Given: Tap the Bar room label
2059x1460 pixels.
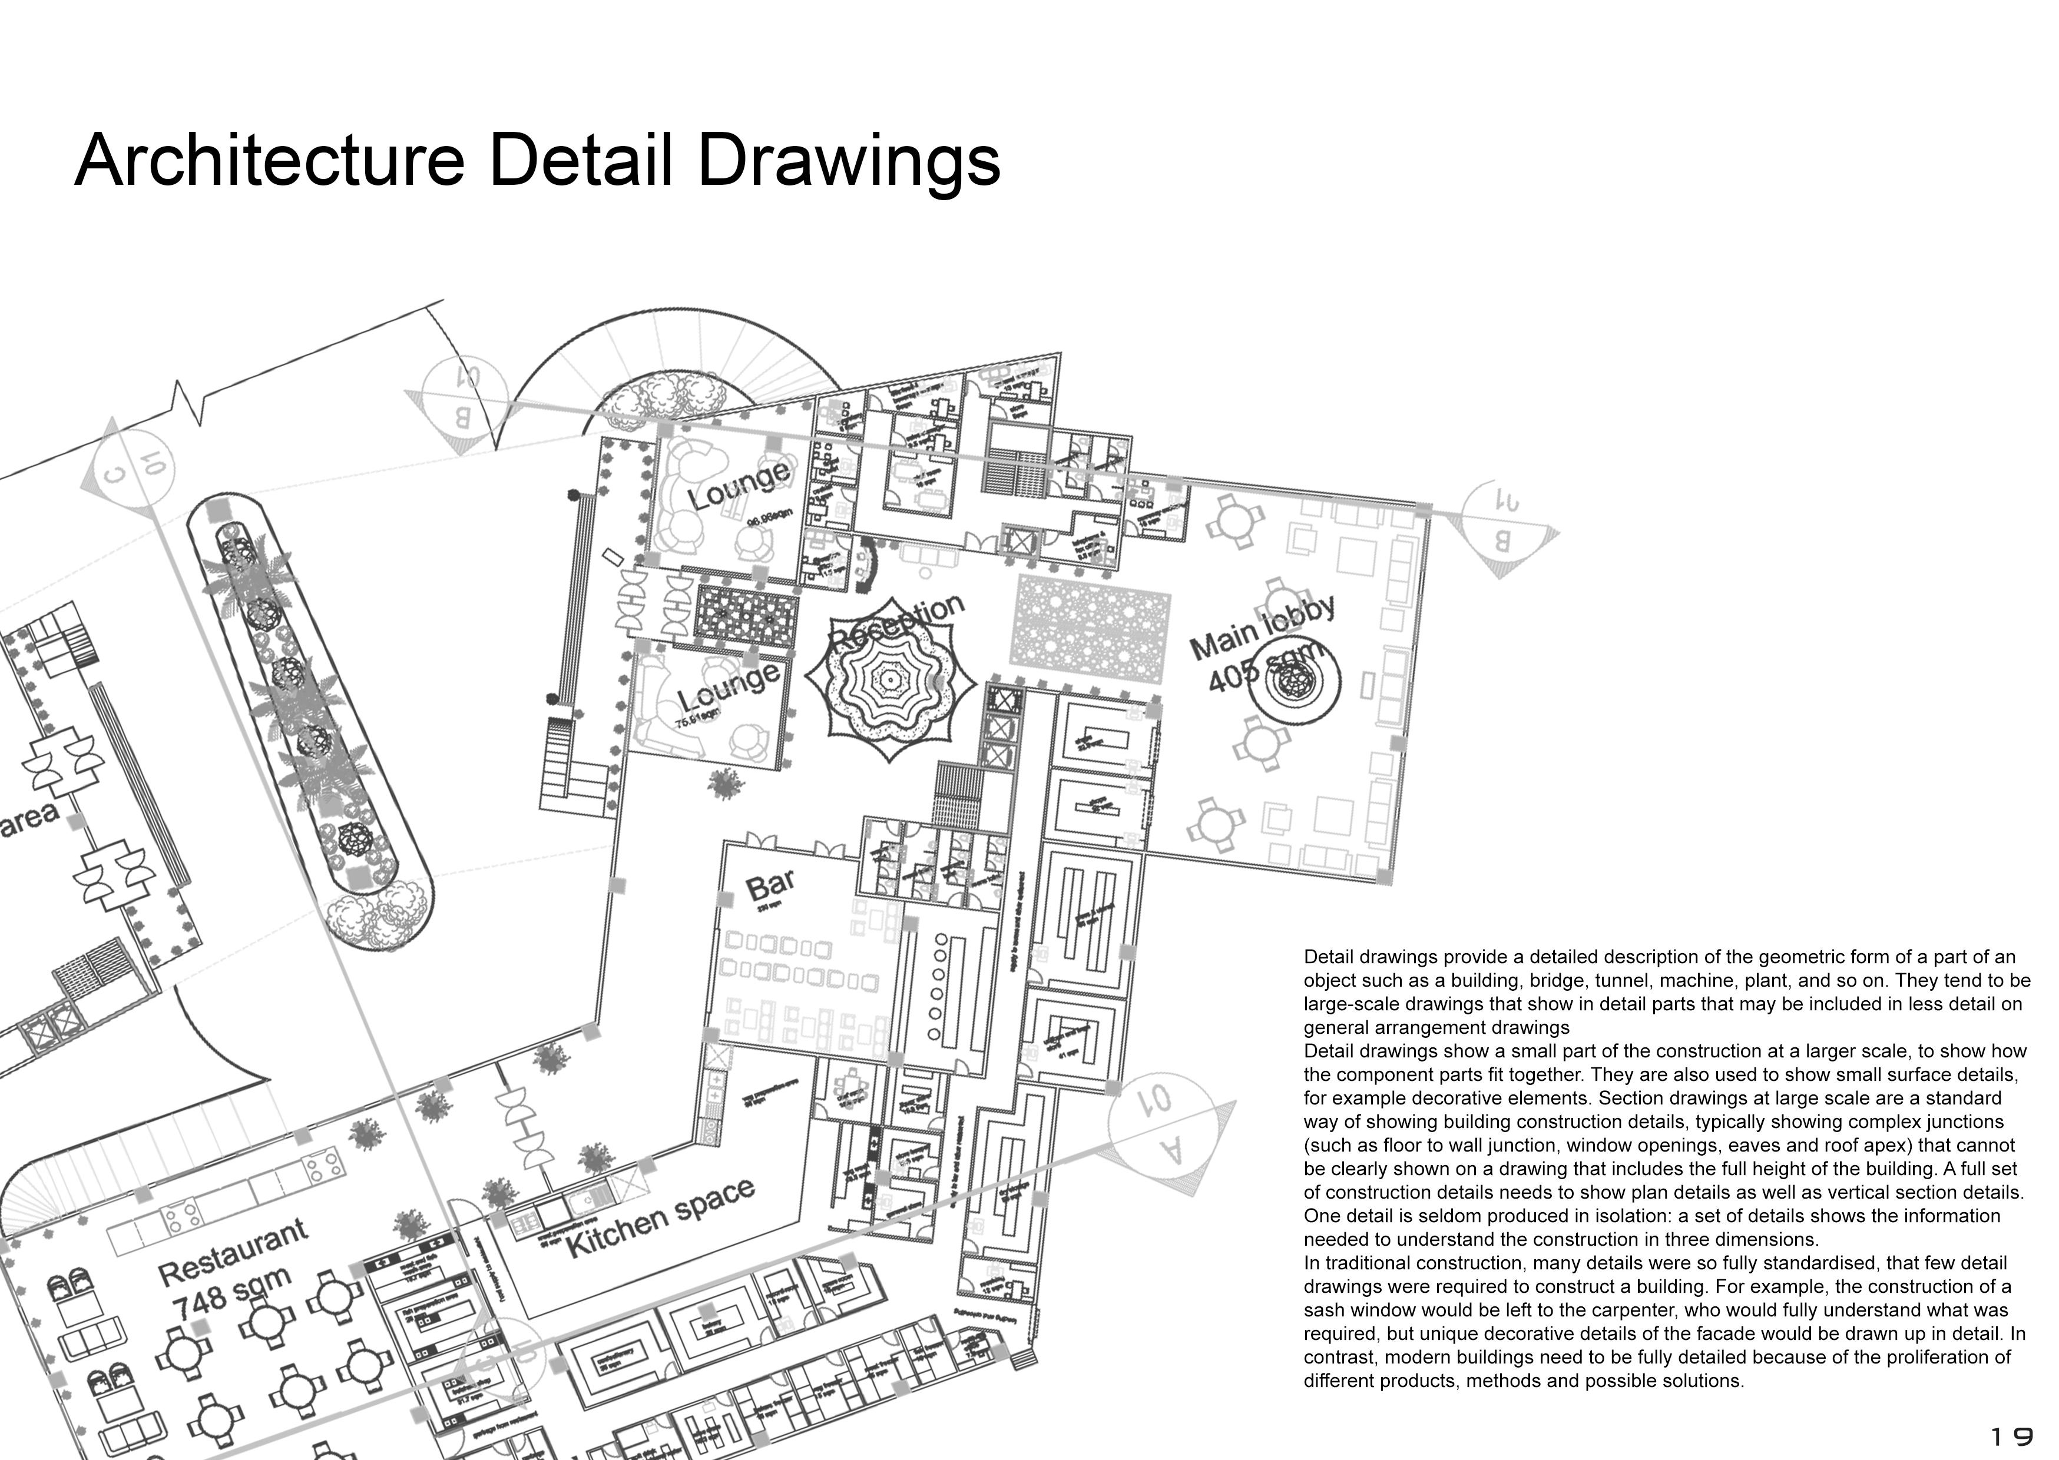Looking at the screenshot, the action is [770, 885].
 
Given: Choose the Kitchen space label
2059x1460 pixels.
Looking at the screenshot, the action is [660, 1218].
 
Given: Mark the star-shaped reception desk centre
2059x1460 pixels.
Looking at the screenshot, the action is [890, 679].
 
